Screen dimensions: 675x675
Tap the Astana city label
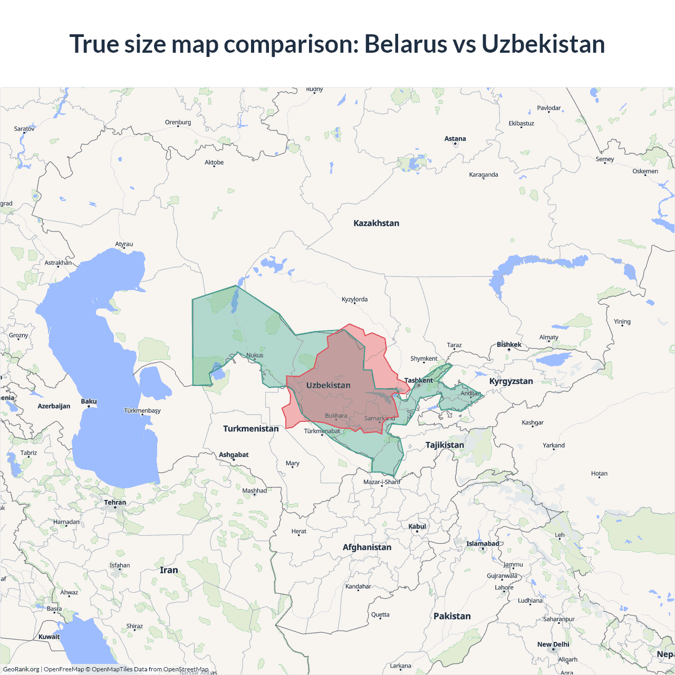(x=455, y=139)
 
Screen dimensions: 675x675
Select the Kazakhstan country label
(x=376, y=223)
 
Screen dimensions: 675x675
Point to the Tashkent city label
(x=418, y=380)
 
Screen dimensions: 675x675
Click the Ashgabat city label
(x=234, y=455)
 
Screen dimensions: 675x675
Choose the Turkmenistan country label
(x=250, y=428)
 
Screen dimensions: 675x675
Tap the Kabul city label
(x=417, y=526)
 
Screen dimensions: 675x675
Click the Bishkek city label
(x=509, y=344)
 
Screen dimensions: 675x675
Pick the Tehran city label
(x=115, y=502)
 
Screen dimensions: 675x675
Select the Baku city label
(x=89, y=401)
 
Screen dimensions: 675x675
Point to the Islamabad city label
(x=483, y=544)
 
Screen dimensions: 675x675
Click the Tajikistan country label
(x=445, y=445)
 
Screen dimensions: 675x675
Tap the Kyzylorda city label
(x=354, y=299)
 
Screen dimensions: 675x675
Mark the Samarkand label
(x=379, y=418)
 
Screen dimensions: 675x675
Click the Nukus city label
(x=255, y=355)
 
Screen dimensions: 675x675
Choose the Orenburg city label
(x=178, y=122)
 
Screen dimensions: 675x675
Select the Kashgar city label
(x=533, y=422)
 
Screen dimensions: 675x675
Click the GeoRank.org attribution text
(x=21, y=669)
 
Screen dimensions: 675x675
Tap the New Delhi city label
(x=553, y=644)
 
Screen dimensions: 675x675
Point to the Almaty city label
(x=548, y=337)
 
